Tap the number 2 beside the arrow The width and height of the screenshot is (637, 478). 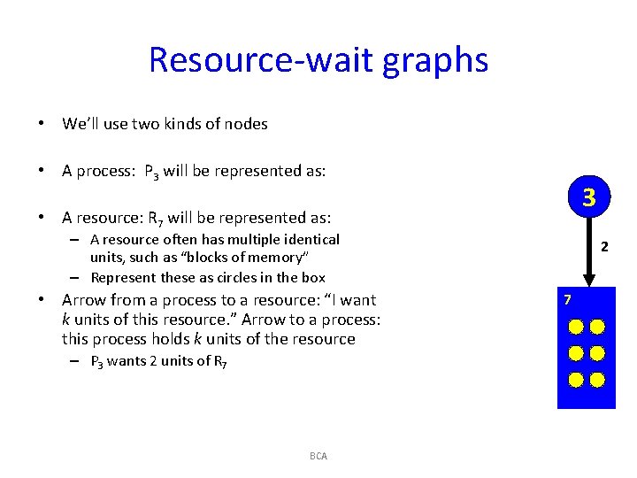[x=604, y=247]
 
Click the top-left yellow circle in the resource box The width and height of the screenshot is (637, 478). [x=576, y=327]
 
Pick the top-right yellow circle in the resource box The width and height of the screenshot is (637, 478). [x=597, y=327]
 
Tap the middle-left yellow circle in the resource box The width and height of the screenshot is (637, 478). [x=576, y=354]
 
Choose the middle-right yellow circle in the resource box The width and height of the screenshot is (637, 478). [x=597, y=354]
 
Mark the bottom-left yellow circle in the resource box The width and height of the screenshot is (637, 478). [x=576, y=381]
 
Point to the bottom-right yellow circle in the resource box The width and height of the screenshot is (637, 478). [x=597, y=381]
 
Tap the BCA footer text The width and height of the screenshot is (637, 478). [x=318, y=456]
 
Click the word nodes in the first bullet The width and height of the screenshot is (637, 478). [x=246, y=124]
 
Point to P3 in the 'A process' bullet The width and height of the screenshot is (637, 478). [x=151, y=172]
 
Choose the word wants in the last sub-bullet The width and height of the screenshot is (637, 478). [x=127, y=361]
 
